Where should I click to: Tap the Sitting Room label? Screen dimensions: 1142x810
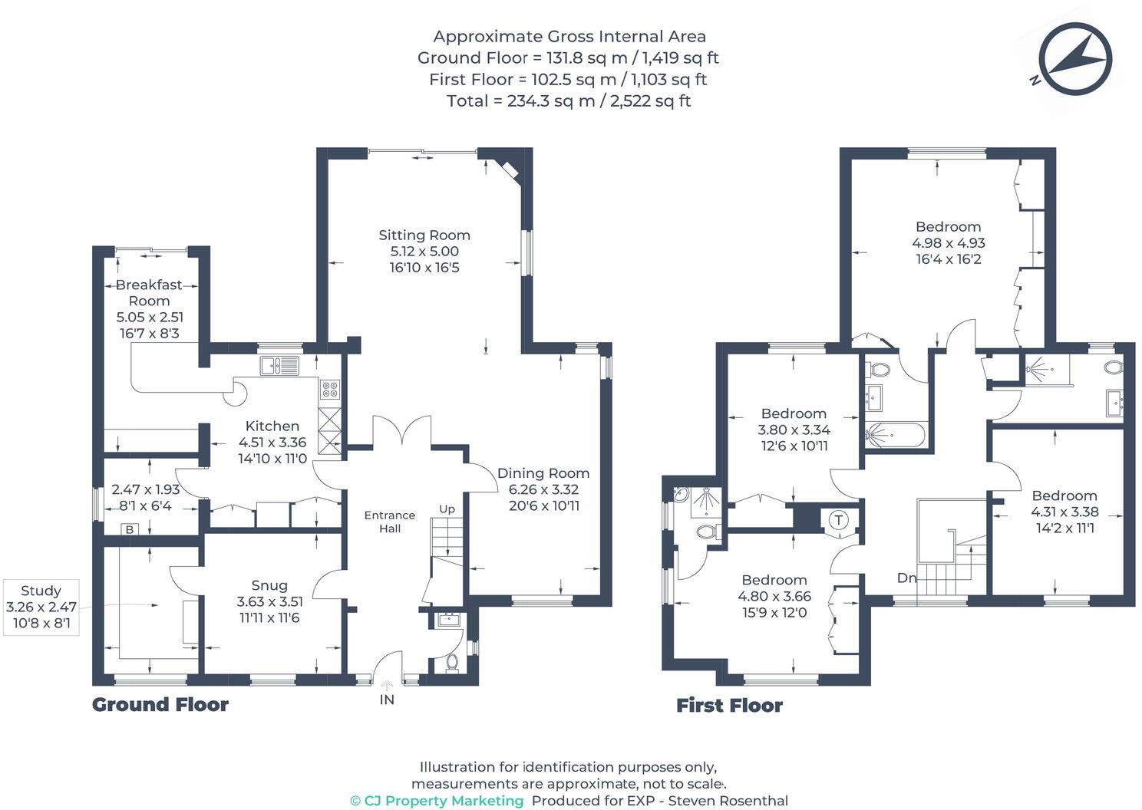pyautogui.click(x=424, y=235)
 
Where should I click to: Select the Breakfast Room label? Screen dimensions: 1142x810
pyautogui.click(x=149, y=293)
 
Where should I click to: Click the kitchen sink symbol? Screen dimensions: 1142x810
pyautogui.click(x=279, y=365)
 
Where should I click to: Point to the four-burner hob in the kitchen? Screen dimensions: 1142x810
pyautogui.click(x=330, y=389)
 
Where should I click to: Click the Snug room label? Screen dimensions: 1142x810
pyautogui.click(x=269, y=585)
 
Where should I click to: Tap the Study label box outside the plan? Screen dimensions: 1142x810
pyautogui.click(x=41, y=607)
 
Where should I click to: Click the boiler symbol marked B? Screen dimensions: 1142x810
pyautogui.click(x=130, y=529)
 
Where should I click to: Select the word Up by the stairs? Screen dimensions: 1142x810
pyautogui.click(x=447, y=509)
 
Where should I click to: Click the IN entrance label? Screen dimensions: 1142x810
pyautogui.click(x=387, y=700)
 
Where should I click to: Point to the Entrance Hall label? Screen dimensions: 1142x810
pyautogui.click(x=390, y=522)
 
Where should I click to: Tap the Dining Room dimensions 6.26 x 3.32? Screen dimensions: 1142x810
pyautogui.click(x=543, y=489)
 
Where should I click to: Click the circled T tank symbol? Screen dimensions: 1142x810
pyautogui.click(x=839, y=520)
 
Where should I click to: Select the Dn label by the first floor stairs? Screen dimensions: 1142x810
pyautogui.click(x=907, y=578)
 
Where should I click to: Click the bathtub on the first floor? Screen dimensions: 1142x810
pyautogui.click(x=896, y=435)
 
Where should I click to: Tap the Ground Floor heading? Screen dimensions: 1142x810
pyautogui.click(x=160, y=705)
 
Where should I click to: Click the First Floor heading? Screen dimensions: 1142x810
pyautogui.click(x=729, y=706)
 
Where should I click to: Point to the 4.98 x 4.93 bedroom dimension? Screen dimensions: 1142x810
pyautogui.click(x=949, y=243)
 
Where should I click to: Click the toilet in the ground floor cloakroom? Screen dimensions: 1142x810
pyautogui.click(x=452, y=663)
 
